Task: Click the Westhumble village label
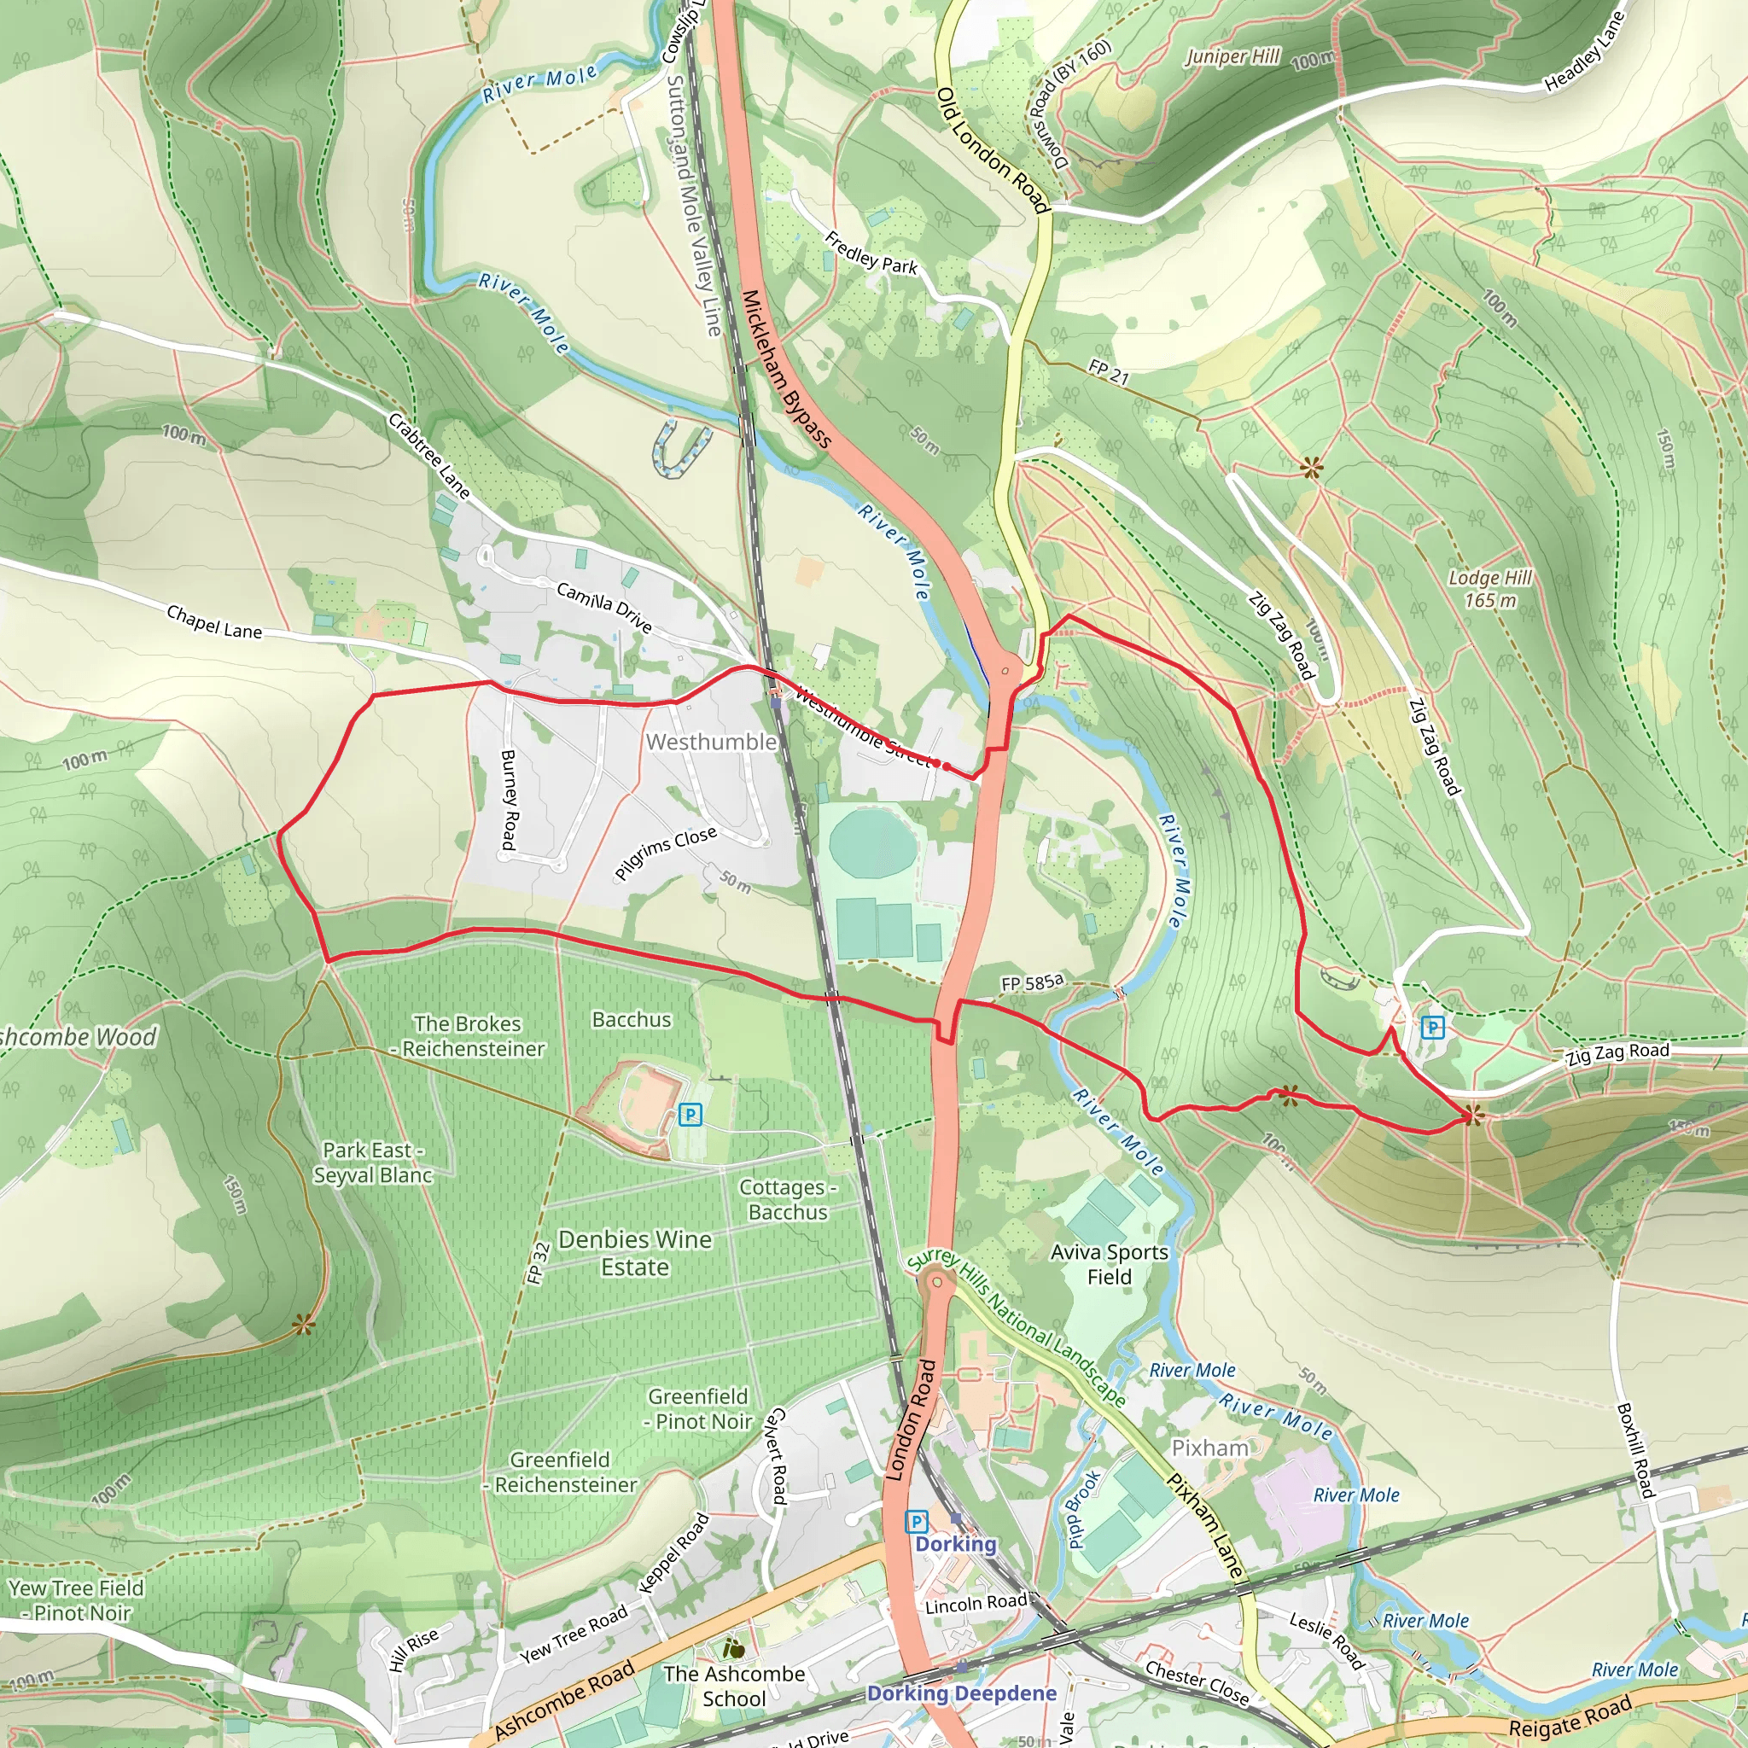(x=711, y=742)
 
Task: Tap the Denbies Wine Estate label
(x=634, y=1253)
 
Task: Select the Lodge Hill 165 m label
(x=1489, y=589)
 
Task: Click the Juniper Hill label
(x=1232, y=57)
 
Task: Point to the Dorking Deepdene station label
(x=961, y=1693)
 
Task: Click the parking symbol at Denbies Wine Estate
(x=690, y=1115)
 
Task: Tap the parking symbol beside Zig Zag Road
(x=1432, y=1027)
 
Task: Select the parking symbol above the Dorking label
(x=917, y=1521)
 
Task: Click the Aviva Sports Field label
(x=1110, y=1265)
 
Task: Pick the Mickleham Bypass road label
(x=785, y=369)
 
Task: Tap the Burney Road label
(x=509, y=800)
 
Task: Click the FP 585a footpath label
(x=1033, y=982)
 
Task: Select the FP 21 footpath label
(x=1109, y=371)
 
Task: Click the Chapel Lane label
(x=214, y=622)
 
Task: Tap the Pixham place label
(x=1209, y=1448)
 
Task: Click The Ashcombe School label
(x=734, y=1687)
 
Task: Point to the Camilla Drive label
(x=603, y=607)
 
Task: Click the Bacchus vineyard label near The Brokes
(x=632, y=1020)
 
